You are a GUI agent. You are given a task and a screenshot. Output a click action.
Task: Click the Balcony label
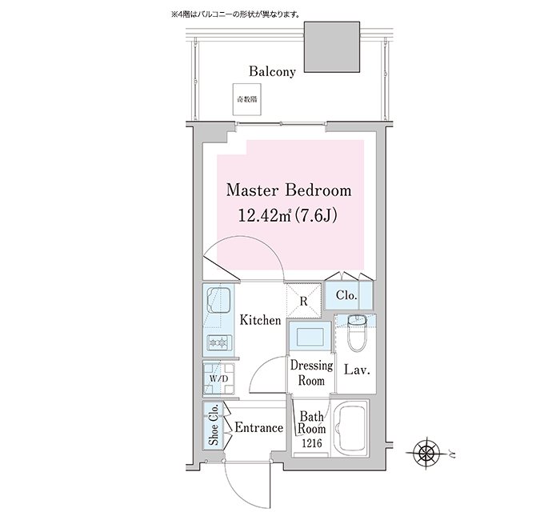pyautogui.click(x=272, y=71)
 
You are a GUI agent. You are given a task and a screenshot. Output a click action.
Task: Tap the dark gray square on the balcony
pyautogui.click(x=332, y=46)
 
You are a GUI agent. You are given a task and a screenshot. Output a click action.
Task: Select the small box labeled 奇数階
pyautogui.click(x=246, y=100)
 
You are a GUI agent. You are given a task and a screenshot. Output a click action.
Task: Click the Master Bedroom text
pyautogui.click(x=289, y=190)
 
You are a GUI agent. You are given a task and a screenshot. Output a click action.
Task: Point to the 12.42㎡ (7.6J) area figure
pyautogui.click(x=287, y=215)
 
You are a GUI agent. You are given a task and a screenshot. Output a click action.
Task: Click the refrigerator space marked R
pyautogui.click(x=303, y=301)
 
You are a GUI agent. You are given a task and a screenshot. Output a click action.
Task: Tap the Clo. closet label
pyautogui.click(x=346, y=295)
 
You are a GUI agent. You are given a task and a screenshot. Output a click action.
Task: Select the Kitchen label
pyautogui.click(x=260, y=320)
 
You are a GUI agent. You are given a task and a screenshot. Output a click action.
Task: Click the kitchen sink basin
pyautogui.click(x=219, y=299)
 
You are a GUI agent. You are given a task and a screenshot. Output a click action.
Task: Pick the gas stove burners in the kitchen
pyautogui.click(x=219, y=343)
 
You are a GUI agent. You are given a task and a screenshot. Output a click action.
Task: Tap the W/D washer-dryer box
pyautogui.click(x=218, y=378)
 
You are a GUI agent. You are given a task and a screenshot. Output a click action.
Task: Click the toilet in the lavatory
pyautogui.click(x=357, y=333)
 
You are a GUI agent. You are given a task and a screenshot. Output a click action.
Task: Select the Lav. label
pyautogui.click(x=357, y=370)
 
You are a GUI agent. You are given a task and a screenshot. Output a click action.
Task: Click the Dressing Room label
pyautogui.click(x=311, y=373)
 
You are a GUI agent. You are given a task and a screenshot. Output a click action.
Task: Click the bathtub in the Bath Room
pyautogui.click(x=350, y=429)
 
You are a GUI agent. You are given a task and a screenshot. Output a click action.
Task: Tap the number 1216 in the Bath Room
pyautogui.click(x=312, y=443)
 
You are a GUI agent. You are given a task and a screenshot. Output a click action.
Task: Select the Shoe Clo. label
pyautogui.click(x=214, y=425)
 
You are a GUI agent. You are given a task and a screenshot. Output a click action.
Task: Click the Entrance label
pyautogui.click(x=258, y=427)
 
